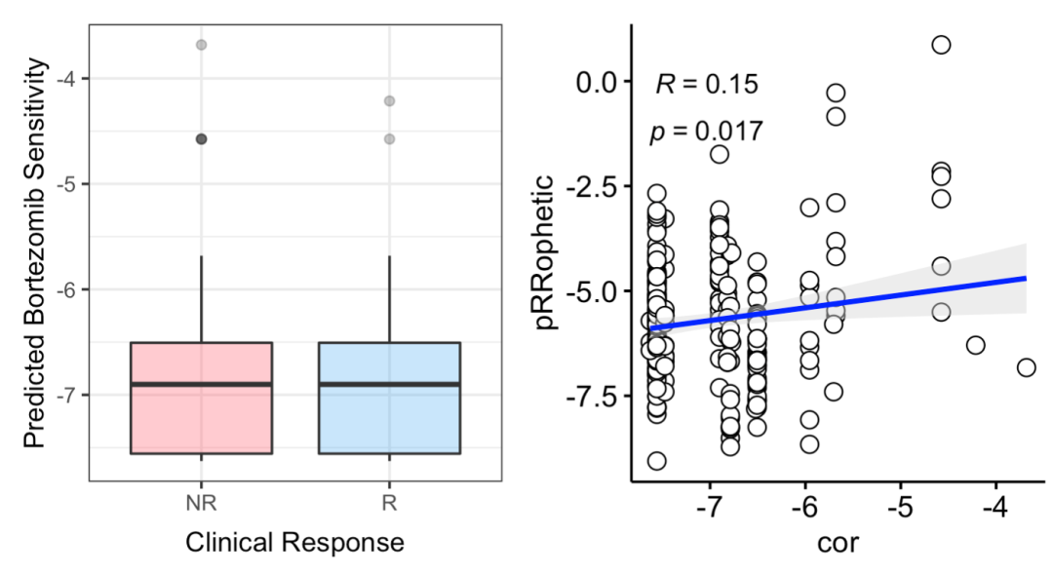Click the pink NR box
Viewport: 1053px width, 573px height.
click(202, 419)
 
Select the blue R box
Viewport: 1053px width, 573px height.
click(389, 419)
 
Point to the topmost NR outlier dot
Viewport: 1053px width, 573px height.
click(202, 45)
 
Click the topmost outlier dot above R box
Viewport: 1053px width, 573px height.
click(389, 100)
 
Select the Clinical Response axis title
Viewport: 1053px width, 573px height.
click(294, 542)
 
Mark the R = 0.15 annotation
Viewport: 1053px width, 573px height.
click(706, 85)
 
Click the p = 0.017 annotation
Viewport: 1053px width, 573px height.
click(706, 132)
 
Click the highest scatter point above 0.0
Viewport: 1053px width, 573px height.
click(941, 45)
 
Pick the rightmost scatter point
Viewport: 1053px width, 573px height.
click(1026, 367)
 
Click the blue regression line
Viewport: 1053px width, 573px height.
click(838, 302)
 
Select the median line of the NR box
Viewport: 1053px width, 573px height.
click(202, 384)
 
